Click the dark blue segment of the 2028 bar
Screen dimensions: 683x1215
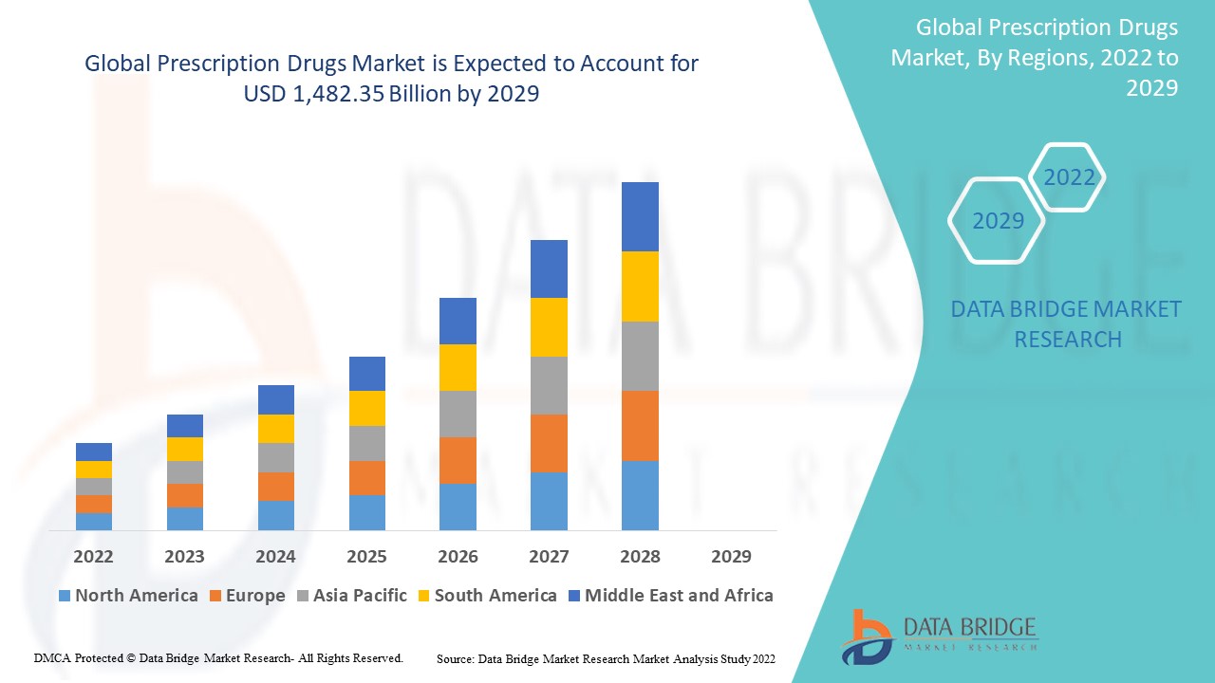coord(640,216)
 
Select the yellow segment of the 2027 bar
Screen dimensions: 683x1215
coord(549,327)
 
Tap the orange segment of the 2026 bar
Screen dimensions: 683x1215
coord(458,460)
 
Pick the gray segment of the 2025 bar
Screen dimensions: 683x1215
coord(366,443)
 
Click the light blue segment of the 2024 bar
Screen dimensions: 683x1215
coord(275,515)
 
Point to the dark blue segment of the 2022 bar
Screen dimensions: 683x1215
coord(94,452)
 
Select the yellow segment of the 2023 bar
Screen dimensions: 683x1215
coord(184,449)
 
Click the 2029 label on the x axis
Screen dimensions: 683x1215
coord(731,556)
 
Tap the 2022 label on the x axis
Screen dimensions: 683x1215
coord(94,556)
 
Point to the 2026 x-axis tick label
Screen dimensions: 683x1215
coord(458,556)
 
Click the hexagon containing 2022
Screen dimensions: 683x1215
coord(1069,177)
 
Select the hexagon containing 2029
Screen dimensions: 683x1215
coord(998,220)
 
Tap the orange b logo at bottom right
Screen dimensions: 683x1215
coord(866,636)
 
